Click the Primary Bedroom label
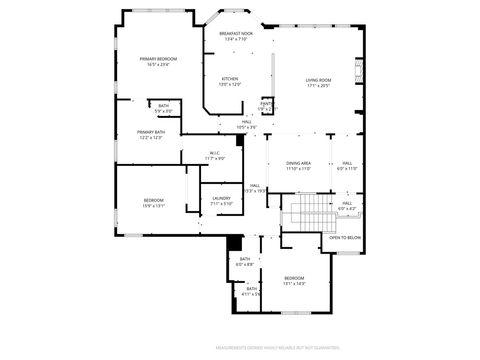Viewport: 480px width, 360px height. tap(159, 59)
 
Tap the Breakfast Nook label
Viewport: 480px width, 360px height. tap(236, 33)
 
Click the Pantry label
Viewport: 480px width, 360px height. tap(267, 103)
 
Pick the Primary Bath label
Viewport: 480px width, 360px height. tap(152, 132)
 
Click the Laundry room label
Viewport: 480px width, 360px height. tap(221, 198)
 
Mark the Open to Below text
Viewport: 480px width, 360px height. tap(345, 237)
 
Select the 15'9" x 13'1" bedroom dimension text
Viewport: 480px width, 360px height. tap(153, 205)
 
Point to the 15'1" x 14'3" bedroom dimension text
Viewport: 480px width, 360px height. tap(294, 283)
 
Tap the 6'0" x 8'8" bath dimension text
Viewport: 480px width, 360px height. tap(245, 264)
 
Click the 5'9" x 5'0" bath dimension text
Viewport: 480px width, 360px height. tap(163, 110)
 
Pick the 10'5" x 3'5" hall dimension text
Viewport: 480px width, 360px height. tap(247, 127)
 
